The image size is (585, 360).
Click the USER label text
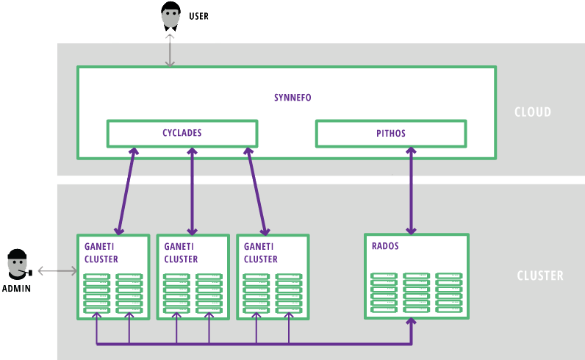[198, 16]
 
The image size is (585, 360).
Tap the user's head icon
[171, 16]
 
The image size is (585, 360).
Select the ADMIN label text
[16, 289]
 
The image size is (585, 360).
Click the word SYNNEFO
[292, 98]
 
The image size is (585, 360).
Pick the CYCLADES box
[182, 134]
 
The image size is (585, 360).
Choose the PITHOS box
[391, 134]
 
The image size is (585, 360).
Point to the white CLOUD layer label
[533, 112]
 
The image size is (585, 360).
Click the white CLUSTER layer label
[540, 276]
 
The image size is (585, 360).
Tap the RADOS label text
[385, 246]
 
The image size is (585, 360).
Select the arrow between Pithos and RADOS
[411, 190]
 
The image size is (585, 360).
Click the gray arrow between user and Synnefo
[170, 51]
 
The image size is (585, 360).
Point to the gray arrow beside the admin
[57, 271]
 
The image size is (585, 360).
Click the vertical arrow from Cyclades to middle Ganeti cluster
[192, 191]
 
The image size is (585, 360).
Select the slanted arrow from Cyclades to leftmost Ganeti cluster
[126, 191]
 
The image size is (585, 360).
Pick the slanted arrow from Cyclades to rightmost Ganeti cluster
[256, 191]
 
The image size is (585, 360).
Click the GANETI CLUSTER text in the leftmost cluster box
[101, 253]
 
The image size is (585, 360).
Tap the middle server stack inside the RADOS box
[416, 293]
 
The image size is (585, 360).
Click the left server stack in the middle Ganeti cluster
[176, 294]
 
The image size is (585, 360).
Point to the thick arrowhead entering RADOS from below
[411, 322]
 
